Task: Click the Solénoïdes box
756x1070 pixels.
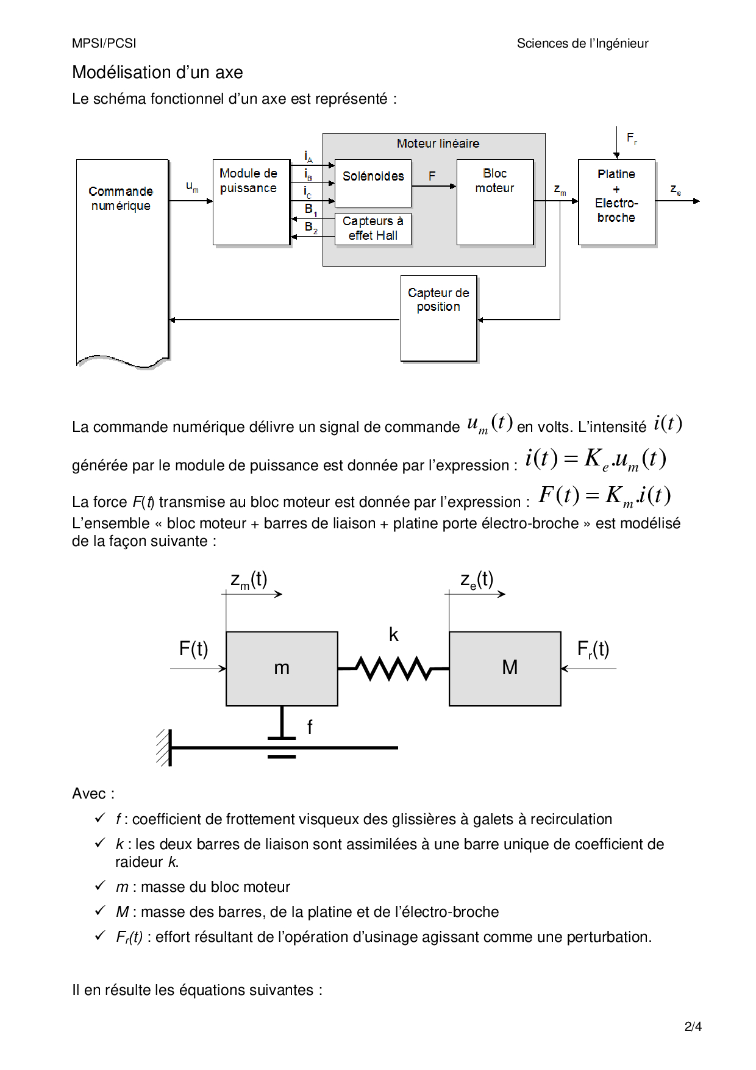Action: pos(373,183)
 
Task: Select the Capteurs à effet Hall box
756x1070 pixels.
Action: pos(373,229)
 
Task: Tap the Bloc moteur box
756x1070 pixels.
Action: pos(495,202)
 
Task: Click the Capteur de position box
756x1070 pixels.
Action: pos(438,318)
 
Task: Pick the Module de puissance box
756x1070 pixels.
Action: pos(251,202)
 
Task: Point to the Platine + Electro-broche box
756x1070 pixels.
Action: pos(616,202)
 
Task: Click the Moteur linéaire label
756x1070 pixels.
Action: pos(438,144)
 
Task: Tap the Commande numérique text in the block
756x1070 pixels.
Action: pos(121,199)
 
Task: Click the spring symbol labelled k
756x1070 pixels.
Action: pos(394,669)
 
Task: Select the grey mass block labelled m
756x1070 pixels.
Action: pos(282,669)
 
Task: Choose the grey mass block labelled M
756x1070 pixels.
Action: pos(505,669)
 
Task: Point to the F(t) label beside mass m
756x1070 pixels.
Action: pos(193,649)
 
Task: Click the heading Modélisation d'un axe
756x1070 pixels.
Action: pos(157,73)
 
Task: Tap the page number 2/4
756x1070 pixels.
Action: pos(693,1027)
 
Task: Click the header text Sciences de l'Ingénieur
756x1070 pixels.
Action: pos(582,44)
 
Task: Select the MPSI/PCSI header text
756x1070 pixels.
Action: pos(104,44)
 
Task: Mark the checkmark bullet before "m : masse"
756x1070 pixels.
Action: pos(101,885)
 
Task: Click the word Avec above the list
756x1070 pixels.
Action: pos(89,794)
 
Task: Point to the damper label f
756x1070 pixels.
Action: pos(310,727)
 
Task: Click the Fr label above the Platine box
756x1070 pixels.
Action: pos(632,138)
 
